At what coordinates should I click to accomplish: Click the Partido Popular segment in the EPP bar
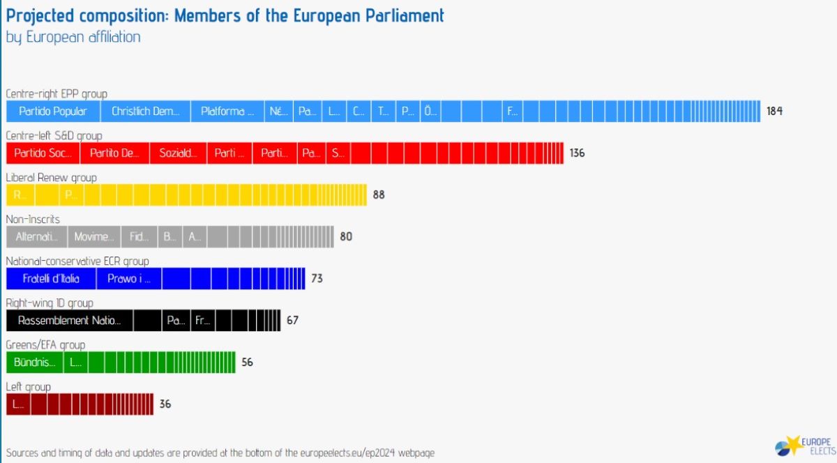coord(53,112)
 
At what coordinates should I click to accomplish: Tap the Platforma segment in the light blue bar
coord(227,112)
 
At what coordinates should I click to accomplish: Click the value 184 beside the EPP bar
coord(774,112)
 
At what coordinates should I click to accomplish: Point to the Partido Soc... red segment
coord(43,153)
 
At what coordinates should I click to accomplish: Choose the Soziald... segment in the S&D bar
coord(178,153)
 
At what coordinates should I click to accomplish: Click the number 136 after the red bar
coord(577,153)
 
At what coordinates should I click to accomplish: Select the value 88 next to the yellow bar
coord(379,195)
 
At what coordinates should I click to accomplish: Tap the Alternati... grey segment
coord(37,237)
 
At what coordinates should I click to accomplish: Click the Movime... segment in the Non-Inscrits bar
coord(94,237)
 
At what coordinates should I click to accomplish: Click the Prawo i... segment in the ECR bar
coord(129,279)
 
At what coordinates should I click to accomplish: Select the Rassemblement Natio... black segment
coord(69,321)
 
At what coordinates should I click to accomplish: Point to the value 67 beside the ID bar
coord(292,321)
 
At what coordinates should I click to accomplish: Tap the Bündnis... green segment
coord(34,363)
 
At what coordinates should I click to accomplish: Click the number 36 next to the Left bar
coord(165,404)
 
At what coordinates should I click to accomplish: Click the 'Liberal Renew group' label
coord(51,178)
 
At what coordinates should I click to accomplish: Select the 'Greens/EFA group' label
coord(45,345)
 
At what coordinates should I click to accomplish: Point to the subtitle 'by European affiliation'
coord(73,37)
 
